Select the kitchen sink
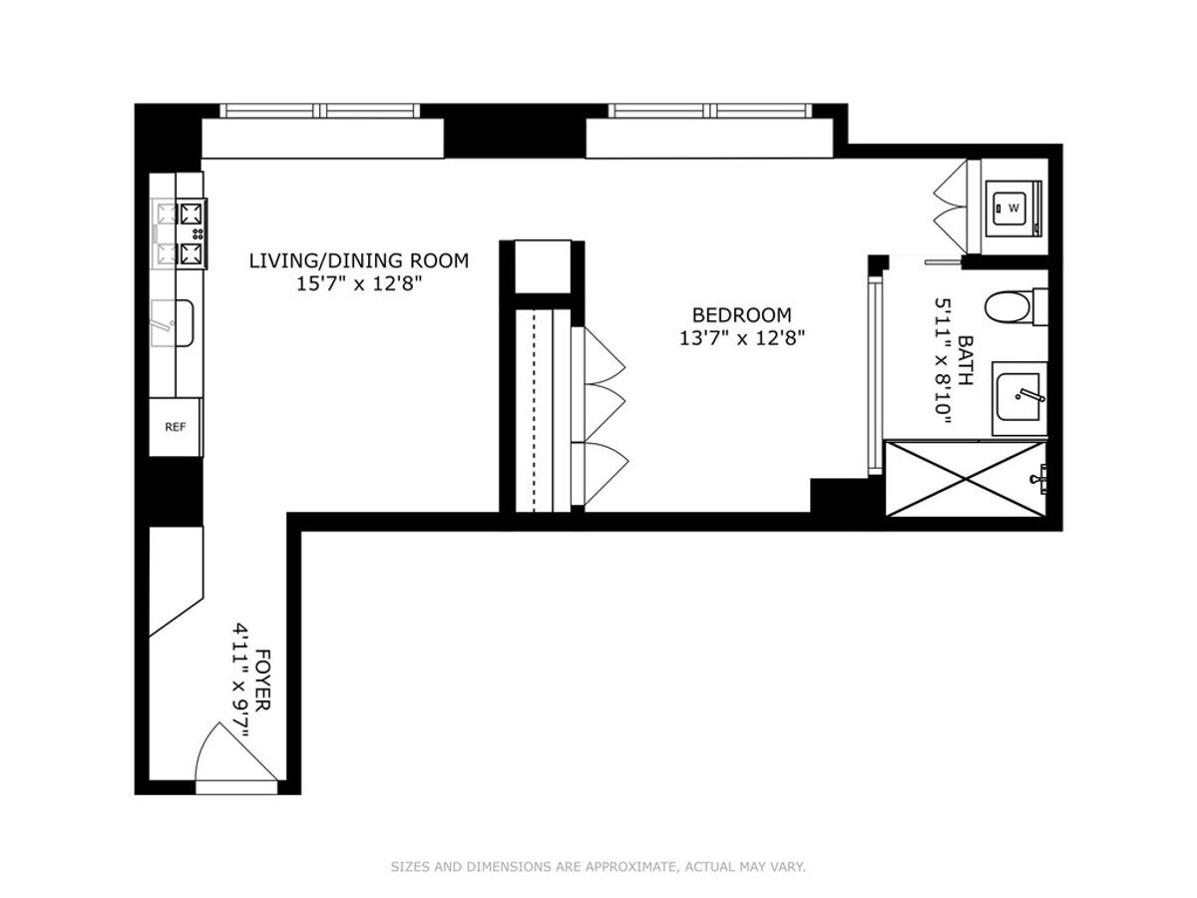173,322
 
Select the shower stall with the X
966,478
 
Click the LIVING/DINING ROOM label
358,261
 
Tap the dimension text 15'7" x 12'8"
358,283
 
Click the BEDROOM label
742,315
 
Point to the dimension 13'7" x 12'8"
742,337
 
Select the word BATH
965,354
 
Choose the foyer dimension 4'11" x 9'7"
240,679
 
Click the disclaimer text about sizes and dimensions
598,867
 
